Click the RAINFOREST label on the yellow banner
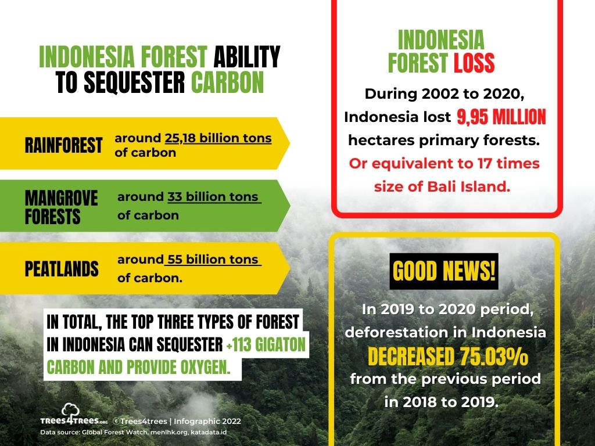[x=63, y=145]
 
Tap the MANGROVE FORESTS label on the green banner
[x=61, y=207]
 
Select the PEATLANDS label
[x=62, y=269]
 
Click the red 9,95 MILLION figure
[x=501, y=117]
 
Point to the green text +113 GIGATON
[x=266, y=345]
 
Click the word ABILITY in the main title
[x=247, y=57]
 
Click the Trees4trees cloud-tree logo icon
[x=70, y=409]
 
